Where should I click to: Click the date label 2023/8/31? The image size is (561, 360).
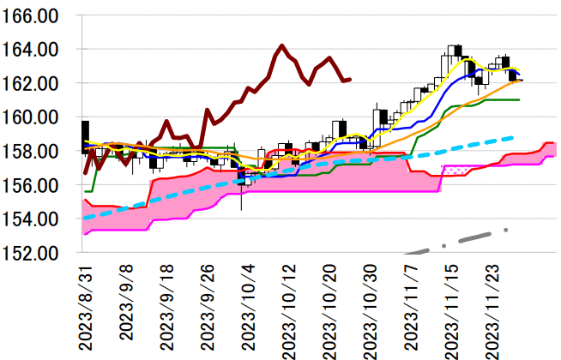[x=86, y=308]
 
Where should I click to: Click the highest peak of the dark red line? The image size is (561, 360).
[x=281, y=45]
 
